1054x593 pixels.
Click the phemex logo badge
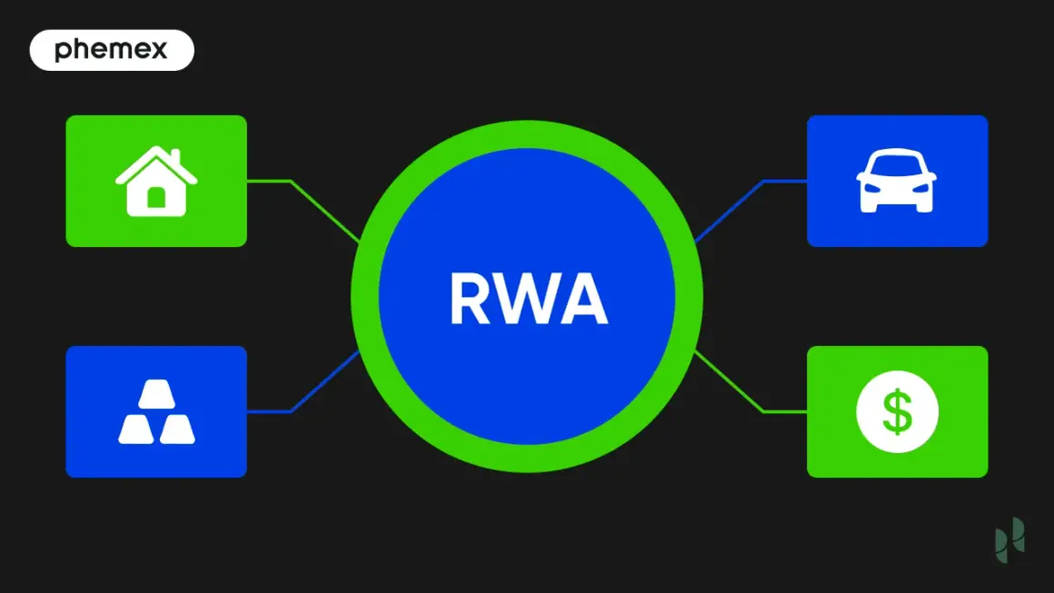[x=112, y=50]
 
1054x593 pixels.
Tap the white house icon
[x=156, y=181]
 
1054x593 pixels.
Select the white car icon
[x=897, y=180]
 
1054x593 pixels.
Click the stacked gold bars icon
[x=156, y=411]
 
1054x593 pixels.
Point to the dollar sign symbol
[x=898, y=411]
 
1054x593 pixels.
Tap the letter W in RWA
[x=526, y=299]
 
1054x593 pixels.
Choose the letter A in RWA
[x=582, y=299]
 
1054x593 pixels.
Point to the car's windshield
[x=897, y=163]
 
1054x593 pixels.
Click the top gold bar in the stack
[x=156, y=394]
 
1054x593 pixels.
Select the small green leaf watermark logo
[x=1010, y=540]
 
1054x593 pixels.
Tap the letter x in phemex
[x=158, y=50]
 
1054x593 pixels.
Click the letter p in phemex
[x=63, y=52]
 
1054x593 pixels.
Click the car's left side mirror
[x=861, y=176]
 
